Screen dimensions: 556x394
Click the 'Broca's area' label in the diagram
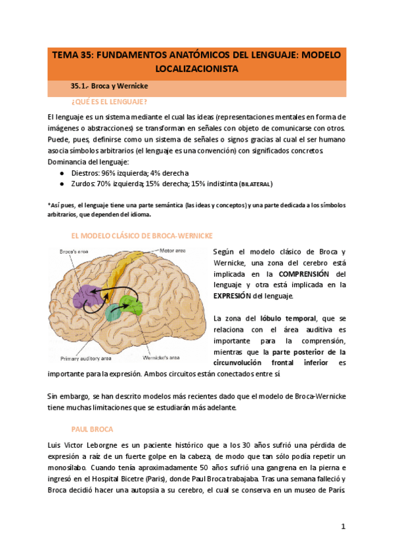click(x=74, y=252)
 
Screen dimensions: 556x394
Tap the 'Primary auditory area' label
click(x=85, y=359)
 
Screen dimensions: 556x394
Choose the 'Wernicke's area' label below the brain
click(x=161, y=358)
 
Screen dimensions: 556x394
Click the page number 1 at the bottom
click(x=343, y=526)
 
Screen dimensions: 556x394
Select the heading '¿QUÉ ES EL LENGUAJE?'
click(x=109, y=102)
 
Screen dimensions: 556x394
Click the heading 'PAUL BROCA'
click(x=91, y=429)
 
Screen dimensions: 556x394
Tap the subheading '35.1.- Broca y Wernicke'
click(x=108, y=85)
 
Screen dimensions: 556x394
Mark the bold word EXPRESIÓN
click(x=238, y=296)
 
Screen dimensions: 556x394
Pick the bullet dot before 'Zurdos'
click(x=62, y=184)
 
